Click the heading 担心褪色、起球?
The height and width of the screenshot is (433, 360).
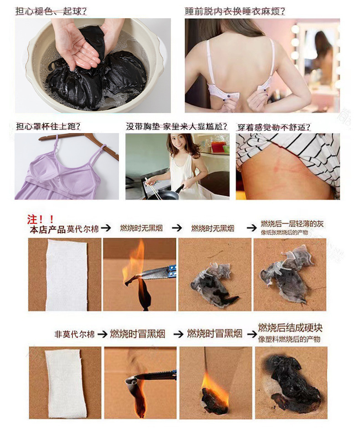(x=51, y=11)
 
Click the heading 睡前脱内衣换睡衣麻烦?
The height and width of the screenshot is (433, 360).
(x=235, y=11)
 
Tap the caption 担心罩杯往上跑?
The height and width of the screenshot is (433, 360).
(x=48, y=126)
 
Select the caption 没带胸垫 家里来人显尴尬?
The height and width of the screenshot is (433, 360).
(x=177, y=126)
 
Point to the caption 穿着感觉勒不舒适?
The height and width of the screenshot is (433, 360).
(x=274, y=127)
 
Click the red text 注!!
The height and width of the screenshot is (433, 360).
(x=40, y=220)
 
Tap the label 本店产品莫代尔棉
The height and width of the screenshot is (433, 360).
(x=64, y=229)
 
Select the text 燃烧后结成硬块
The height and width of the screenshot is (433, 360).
(x=290, y=328)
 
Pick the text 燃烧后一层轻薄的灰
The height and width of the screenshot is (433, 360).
(x=292, y=224)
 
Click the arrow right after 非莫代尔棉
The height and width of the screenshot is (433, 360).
(x=103, y=334)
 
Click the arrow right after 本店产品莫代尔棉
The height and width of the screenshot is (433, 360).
(x=106, y=228)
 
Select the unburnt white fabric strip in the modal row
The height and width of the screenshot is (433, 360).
(x=67, y=275)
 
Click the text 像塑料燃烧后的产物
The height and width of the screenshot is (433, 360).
(x=289, y=339)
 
